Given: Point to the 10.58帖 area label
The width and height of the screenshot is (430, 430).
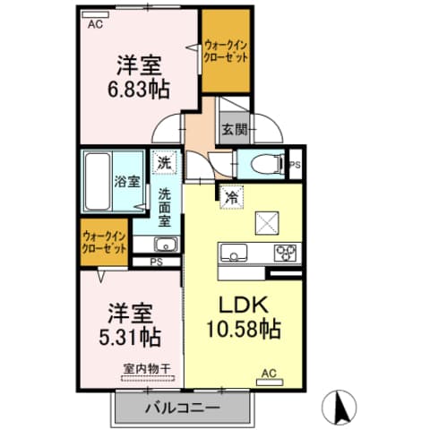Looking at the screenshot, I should [245, 329].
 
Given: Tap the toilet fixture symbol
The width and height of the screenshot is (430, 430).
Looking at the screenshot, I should [266, 164].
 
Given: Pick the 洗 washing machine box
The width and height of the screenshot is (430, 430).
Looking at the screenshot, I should [164, 163].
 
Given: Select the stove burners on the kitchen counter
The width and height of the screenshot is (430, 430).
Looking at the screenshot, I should [286, 252].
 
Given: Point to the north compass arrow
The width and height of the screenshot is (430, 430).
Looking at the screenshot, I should [340, 408].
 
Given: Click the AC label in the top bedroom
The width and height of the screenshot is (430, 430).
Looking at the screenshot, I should [95, 25].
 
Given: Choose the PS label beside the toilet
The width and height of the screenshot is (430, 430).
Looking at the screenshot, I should [297, 164].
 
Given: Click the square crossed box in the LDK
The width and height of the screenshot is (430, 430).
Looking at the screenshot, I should [268, 221].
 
